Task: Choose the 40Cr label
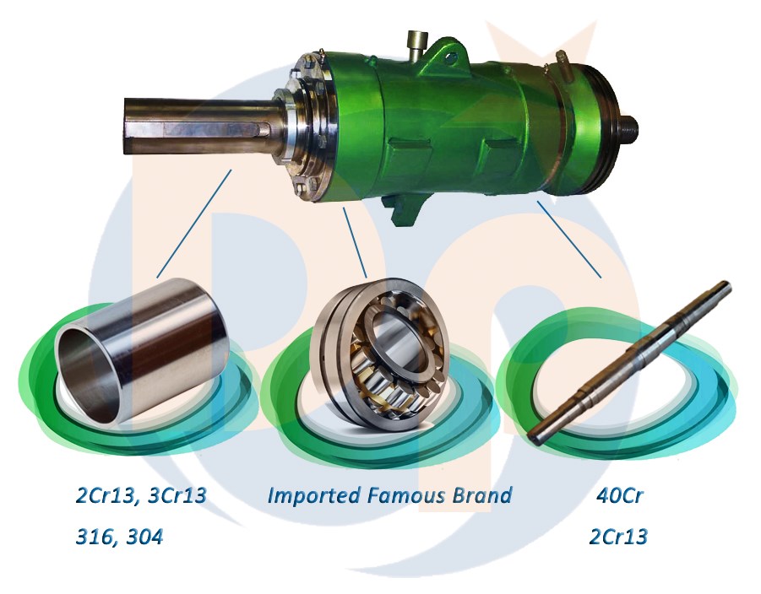621,495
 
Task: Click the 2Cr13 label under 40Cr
621,537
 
